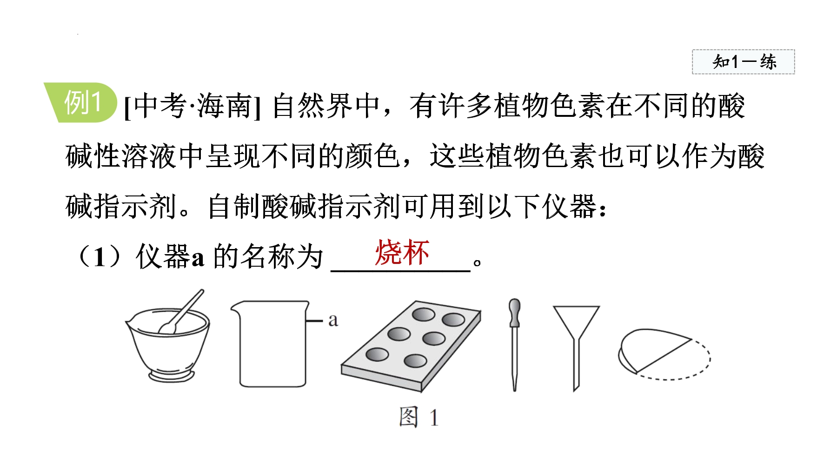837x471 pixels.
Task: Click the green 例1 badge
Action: pos(80,102)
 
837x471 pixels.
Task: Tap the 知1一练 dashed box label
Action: pos(744,62)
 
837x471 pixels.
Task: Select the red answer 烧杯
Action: pos(402,253)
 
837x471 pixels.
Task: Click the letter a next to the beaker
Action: pos(333,320)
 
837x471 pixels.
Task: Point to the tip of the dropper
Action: pos(514,390)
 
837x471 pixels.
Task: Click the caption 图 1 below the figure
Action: pos(418,417)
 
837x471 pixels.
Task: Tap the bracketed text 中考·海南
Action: pos(192,106)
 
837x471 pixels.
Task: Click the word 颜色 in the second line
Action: pos(372,156)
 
